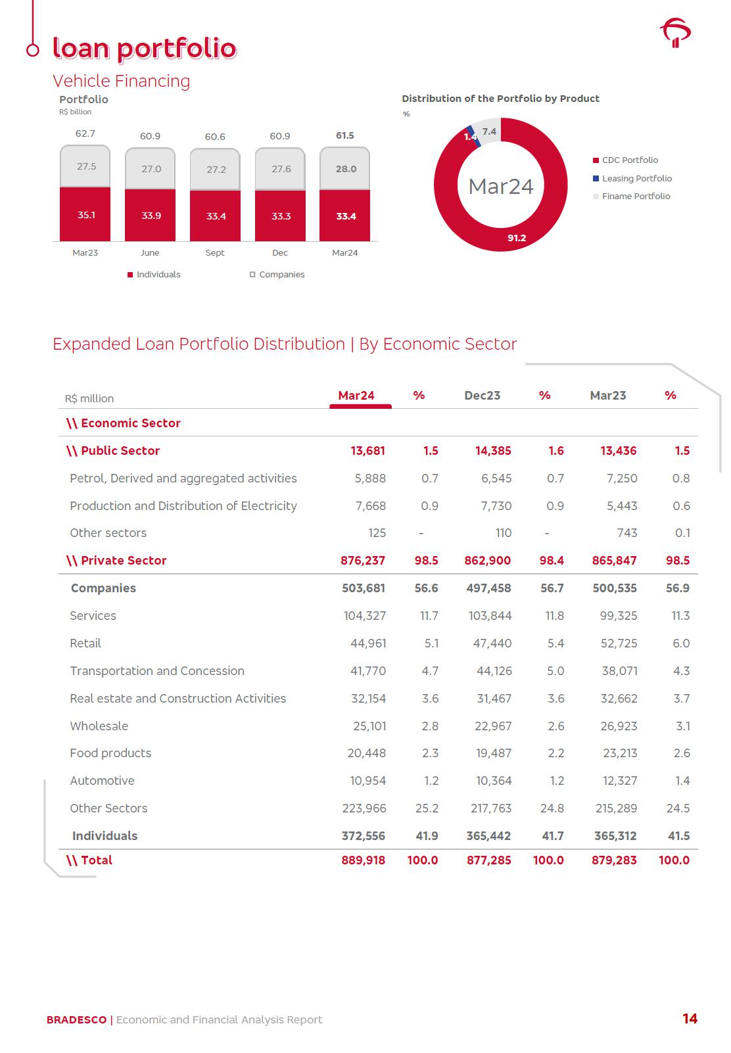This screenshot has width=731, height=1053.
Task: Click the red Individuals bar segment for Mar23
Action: point(85,214)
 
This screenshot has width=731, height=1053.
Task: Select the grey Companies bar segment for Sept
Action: point(215,170)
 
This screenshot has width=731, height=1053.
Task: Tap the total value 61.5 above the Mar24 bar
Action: point(344,135)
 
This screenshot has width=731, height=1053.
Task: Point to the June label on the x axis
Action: point(150,252)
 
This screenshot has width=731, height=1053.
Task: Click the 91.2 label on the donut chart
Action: point(517,238)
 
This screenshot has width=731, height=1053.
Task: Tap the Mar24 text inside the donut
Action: point(500,187)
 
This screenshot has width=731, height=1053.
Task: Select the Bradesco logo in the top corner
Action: point(675,33)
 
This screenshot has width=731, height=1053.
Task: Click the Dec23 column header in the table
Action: point(482,395)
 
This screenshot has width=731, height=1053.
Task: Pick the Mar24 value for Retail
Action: point(368,643)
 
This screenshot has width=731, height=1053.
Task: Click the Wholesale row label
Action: point(99,726)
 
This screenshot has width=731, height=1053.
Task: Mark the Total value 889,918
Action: point(363,860)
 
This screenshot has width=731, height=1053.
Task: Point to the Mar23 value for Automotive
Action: point(619,780)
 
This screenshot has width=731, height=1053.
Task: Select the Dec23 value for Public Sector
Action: point(493,450)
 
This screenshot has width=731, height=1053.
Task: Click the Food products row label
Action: point(110,753)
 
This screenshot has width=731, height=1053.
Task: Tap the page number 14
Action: point(690,1018)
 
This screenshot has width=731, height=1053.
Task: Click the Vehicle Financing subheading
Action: point(121,81)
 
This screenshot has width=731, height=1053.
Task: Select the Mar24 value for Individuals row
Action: point(363,835)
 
